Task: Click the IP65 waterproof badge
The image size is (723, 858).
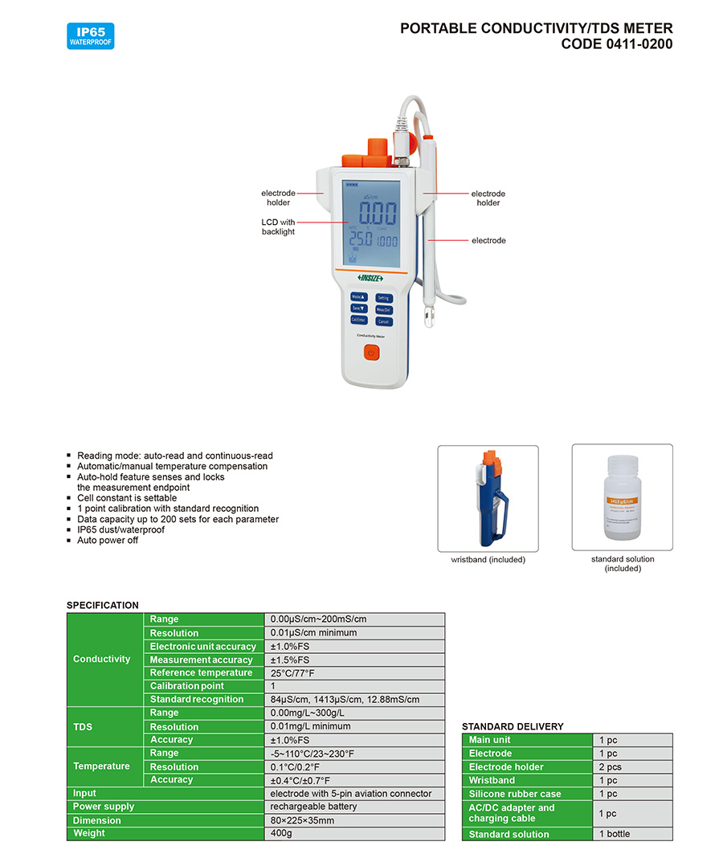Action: [91, 36]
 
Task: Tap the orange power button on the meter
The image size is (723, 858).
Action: [370, 352]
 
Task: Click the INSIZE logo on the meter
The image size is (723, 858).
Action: [370, 278]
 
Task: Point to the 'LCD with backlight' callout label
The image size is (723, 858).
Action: [278, 227]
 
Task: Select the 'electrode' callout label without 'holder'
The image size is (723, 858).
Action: [488, 240]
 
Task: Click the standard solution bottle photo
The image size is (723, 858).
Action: [622, 498]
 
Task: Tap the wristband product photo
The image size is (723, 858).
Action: [488, 498]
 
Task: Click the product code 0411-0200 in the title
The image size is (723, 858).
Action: [616, 44]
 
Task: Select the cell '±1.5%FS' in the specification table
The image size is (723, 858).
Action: [354, 660]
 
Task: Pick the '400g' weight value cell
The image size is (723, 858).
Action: [354, 834]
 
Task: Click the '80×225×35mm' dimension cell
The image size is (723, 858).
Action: [354, 820]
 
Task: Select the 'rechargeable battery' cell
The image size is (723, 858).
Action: [354, 807]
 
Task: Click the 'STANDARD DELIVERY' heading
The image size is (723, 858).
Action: [513, 726]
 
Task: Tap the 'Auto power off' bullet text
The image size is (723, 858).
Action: [108, 540]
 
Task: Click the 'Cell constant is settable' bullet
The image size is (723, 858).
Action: [127, 498]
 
